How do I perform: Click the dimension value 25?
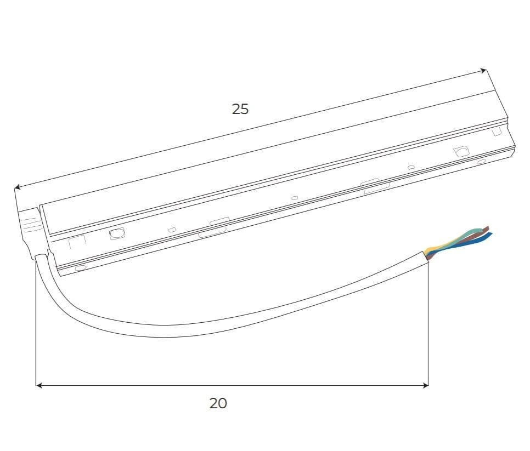[240, 109]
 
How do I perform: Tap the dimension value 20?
[218, 403]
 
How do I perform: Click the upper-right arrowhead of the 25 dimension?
[484, 71]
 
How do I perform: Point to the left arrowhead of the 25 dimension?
[17, 187]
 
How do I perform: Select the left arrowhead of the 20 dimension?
[39, 385]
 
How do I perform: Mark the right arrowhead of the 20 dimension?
[426, 385]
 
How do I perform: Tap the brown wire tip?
[487, 229]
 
